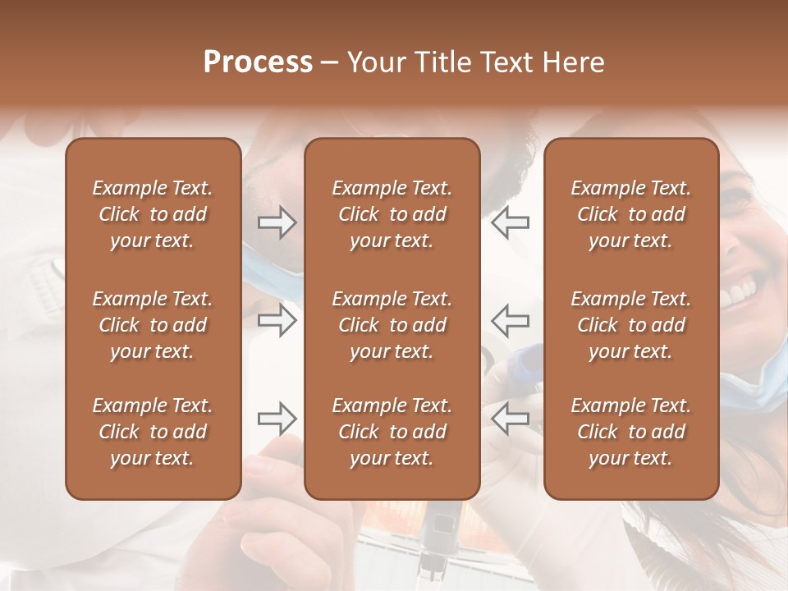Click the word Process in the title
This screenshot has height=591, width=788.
(258, 62)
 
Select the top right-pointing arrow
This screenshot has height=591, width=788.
(277, 222)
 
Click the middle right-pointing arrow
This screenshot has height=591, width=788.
(277, 320)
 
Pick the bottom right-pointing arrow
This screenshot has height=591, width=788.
(277, 419)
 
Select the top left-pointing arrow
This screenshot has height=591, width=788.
(510, 222)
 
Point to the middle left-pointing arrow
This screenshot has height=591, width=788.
(510, 320)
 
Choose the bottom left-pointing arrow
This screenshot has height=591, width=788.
(510, 419)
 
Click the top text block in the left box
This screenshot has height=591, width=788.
(153, 214)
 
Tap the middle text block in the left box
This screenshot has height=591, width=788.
(153, 325)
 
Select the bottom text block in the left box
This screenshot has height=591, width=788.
(153, 432)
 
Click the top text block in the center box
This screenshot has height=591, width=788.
(392, 214)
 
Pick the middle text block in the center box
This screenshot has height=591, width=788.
(392, 325)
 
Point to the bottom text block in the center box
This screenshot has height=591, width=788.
(392, 432)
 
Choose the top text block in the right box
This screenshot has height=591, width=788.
(630, 214)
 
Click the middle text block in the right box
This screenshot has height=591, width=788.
(630, 325)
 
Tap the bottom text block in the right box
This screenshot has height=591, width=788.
(630, 432)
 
